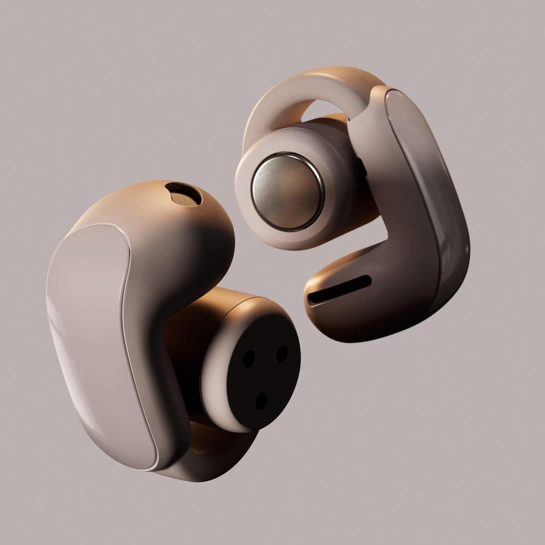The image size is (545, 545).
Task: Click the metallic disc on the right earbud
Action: coord(287,191)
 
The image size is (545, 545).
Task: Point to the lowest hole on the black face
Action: coord(261,401)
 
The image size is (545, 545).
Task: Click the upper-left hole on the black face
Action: coord(248,359)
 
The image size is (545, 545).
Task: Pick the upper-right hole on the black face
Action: coord(282,353)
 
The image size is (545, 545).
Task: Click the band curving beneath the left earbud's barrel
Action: coord(213,452)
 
